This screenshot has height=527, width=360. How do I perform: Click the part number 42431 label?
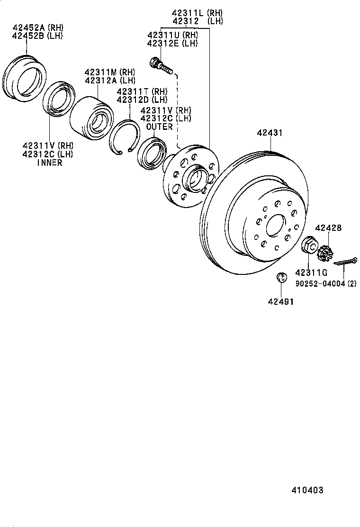(x=270, y=133)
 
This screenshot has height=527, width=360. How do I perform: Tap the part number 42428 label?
(x=328, y=228)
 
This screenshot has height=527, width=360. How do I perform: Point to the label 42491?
(x=281, y=301)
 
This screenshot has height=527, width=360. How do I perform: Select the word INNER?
(x=49, y=163)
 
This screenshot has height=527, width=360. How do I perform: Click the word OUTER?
(x=160, y=127)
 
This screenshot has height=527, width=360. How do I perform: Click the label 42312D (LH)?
(x=142, y=100)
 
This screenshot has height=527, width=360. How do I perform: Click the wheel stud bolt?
(x=161, y=66)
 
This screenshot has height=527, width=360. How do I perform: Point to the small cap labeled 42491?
(x=280, y=278)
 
